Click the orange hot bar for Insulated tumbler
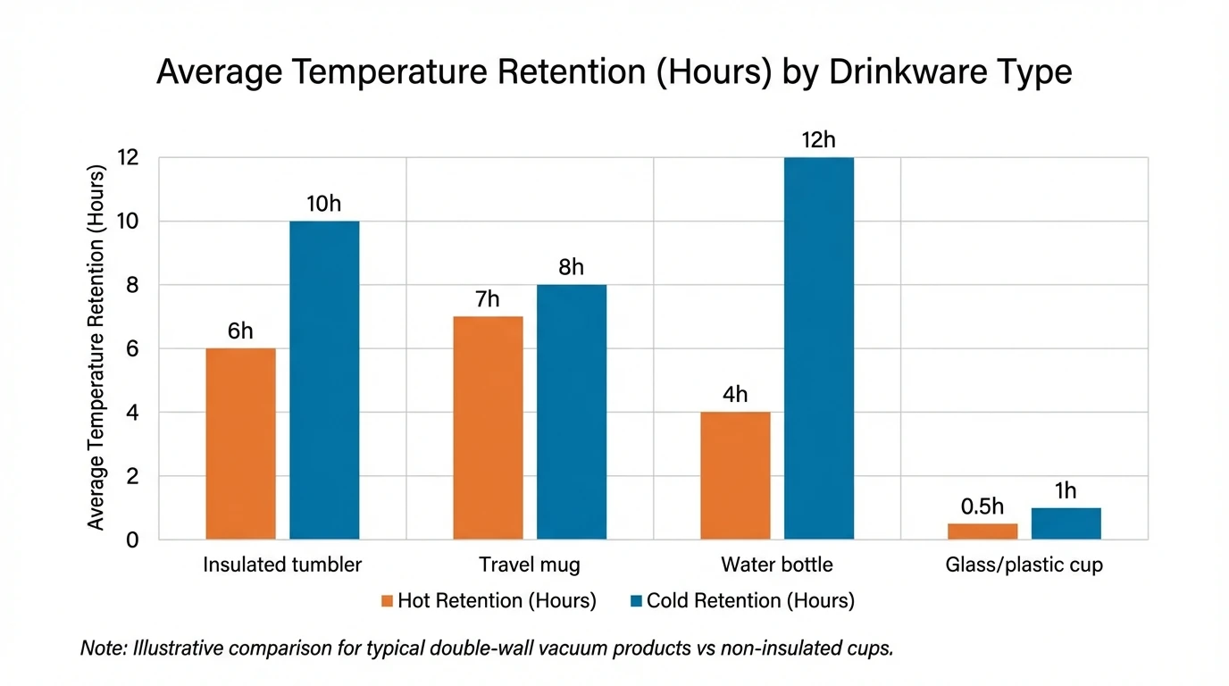click(240, 444)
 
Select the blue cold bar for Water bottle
click(819, 348)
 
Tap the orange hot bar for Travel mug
click(488, 428)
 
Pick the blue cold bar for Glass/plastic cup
click(1066, 523)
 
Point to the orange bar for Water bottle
click(735, 475)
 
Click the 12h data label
click(819, 140)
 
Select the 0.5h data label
click(982, 506)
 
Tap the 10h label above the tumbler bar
click(323, 204)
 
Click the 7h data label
click(488, 299)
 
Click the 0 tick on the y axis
click(131, 540)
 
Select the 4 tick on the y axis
click(131, 413)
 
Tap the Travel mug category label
click(530, 565)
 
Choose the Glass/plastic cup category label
click(1024, 565)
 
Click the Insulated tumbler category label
click(282, 565)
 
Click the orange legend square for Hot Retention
click(387, 601)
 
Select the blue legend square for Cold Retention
click(636, 601)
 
